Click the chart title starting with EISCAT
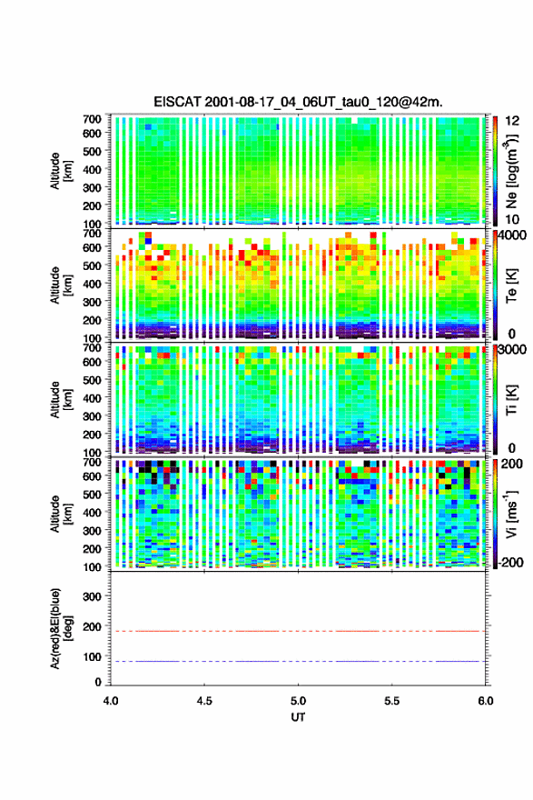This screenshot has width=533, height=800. pos(298,102)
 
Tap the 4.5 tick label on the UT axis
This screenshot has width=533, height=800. pos(204,701)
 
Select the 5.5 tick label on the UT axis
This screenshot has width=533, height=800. pos(392,701)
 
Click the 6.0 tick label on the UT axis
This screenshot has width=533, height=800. pos(486,701)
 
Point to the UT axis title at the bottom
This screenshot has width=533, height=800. pos(298,717)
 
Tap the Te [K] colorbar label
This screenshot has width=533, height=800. pos(511,285)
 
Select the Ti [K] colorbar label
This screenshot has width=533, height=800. pos(511,400)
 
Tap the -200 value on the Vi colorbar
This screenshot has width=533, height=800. pos(509,562)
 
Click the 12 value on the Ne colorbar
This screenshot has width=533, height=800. pos(512,121)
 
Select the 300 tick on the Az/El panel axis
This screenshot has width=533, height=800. pos(92,596)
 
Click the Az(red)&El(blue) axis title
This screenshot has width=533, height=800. pos(61,628)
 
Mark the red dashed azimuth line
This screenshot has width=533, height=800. pos(298,631)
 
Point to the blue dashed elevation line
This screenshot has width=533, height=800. pos(298,661)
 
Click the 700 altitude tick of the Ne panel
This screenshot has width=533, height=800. pos(92,119)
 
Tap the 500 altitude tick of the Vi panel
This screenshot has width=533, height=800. pos(92,495)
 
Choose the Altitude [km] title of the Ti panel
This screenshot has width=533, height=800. pos(61,399)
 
